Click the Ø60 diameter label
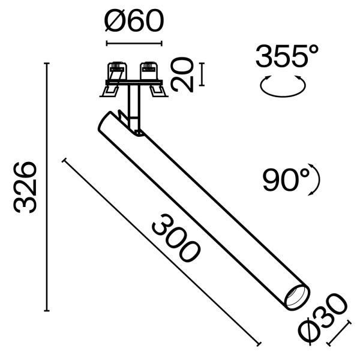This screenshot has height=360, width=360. [x=133, y=23]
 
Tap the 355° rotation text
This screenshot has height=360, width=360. [x=286, y=58]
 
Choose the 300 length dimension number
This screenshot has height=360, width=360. [x=175, y=240]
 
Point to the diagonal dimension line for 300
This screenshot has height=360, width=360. [x=161, y=252]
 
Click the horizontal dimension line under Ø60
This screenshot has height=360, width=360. [x=134, y=43]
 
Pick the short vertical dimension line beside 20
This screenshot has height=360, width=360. [x=202, y=74]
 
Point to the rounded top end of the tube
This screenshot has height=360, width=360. [x=106, y=119]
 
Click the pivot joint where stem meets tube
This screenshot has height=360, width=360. [x=137, y=130]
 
